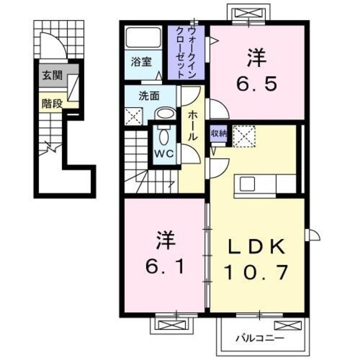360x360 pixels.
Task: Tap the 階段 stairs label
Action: pos(51,103)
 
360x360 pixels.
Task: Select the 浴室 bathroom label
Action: pos(141,62)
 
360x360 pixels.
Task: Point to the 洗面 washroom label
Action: pos(148,96)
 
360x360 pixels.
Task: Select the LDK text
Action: pos(258,247)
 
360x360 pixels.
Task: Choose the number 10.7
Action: pos(258,273)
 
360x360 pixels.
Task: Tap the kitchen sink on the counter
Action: pos(248,184)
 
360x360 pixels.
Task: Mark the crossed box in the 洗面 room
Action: pos(134,116)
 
